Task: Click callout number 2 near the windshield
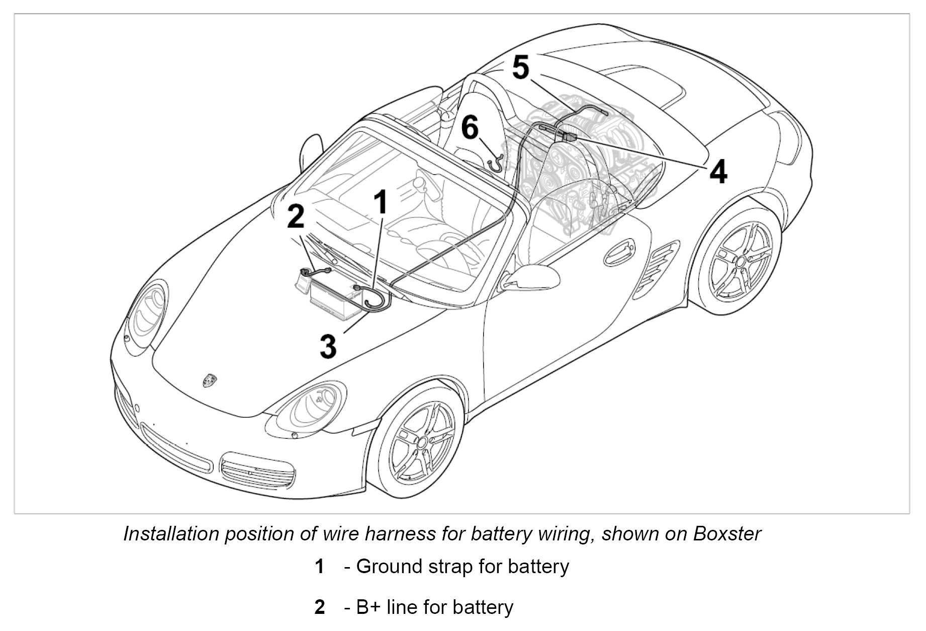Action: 296,216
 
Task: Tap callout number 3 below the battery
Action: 328,347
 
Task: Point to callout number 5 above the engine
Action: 521,67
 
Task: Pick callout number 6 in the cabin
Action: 470,127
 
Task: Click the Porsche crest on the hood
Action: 209,380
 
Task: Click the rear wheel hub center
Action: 739,261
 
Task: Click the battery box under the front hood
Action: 332,297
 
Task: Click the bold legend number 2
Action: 319,607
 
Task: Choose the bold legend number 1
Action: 319,567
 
